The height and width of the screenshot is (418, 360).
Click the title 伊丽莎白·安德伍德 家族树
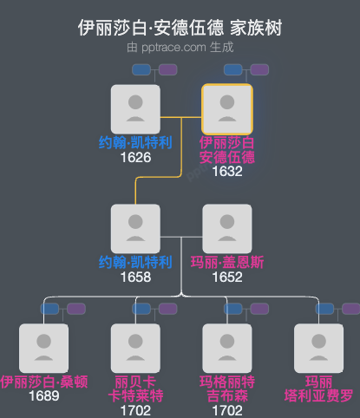pos(180,28)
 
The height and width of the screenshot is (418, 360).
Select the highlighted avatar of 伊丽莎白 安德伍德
pos(226,109)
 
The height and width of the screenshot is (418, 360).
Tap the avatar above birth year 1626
pos(135,109)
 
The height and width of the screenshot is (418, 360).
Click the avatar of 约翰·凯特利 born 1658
pos(135,229)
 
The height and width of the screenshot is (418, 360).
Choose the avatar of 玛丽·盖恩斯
pos(226,229)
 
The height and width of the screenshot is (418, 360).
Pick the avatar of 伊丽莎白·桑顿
pos(43,349)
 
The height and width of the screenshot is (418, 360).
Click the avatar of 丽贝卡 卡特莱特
pos(135,349)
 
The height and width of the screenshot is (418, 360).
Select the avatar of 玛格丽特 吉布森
pos(226,349)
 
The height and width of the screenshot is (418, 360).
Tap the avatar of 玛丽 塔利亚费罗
pos(318,349)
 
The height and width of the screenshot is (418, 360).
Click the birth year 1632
pos(226,172)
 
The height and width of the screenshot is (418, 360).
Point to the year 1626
pos(136,157)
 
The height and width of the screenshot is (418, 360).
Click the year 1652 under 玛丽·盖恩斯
pos(226,277)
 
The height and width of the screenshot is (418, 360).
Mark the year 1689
pos(43,396)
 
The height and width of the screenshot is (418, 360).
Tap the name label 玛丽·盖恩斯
pos(226,263)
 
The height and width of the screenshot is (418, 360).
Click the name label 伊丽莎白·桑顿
pos(43,382)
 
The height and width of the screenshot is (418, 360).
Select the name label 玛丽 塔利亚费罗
pos(318,389)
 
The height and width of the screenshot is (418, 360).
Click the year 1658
pos(136,277)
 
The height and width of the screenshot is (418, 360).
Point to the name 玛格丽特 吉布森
pos(226,389)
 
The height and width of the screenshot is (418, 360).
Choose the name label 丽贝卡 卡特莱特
pos(135,389)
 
